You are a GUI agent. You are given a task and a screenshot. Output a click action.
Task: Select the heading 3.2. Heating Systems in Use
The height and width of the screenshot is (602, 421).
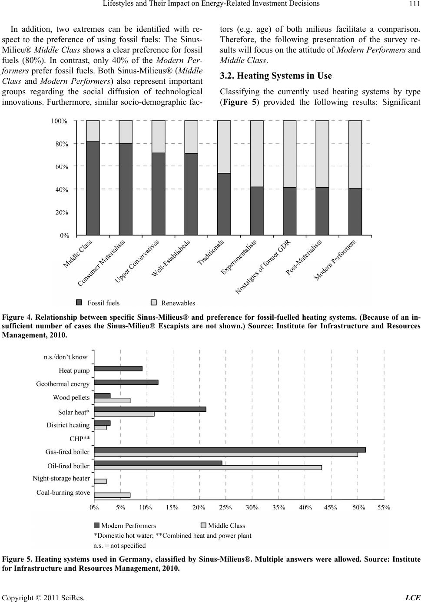coord(276,76)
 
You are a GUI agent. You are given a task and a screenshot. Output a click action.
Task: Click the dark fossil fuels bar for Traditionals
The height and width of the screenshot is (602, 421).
coord(224,204)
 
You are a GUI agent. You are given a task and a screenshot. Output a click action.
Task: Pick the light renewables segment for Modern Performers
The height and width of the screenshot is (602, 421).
coord(355,155)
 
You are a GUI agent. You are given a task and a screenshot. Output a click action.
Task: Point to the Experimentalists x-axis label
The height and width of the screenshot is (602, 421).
coord(239,257)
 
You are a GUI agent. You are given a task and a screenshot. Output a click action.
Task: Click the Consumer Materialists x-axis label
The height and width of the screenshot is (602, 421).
coord(101,263)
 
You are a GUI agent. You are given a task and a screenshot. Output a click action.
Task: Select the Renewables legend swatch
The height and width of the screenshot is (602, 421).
coord(153,303)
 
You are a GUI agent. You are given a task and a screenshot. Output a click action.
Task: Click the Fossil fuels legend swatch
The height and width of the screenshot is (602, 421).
coord(79,303)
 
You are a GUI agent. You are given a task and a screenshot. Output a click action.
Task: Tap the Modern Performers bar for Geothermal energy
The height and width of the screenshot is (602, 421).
coord(126,382)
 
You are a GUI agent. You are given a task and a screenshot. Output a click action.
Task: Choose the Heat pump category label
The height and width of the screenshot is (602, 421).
coord(74,370)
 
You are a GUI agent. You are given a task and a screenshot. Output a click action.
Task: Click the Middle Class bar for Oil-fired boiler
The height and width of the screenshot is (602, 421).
coord(208,467)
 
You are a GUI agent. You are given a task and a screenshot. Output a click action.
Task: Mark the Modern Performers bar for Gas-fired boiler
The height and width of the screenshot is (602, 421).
coord(230,450)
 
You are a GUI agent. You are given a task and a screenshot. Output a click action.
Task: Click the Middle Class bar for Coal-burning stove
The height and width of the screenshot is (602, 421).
coord(112,495)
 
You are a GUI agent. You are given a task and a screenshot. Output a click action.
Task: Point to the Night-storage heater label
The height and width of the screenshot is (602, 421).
coord(61,478)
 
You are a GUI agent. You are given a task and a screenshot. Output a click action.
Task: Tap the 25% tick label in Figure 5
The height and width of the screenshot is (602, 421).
coord(225,507)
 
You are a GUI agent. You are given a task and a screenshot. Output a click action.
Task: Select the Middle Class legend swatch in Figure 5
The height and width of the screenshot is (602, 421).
coord(203,525)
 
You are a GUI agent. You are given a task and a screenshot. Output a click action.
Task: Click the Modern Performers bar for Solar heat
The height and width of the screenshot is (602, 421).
coord(150,409)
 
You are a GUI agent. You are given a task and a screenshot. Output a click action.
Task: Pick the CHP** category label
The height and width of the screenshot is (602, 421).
coord(80,439)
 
